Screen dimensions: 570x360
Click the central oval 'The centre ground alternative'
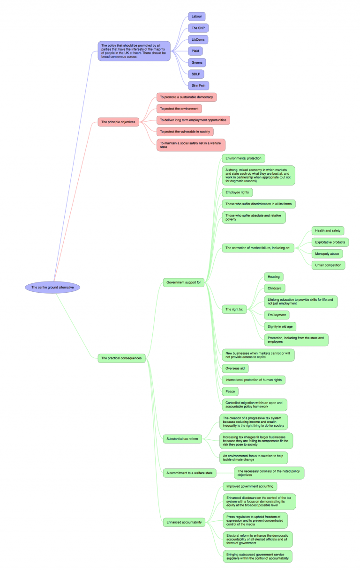[x=53, y=287]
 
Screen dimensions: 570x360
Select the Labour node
[x=196, y=16]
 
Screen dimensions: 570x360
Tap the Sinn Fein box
[x=198, y=85]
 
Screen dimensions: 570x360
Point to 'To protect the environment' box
[x=179, y=109]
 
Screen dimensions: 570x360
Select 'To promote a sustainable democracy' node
[x=187, y=97]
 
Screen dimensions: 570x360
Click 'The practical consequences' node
[x=121, y=358]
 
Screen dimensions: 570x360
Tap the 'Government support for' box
[x=184, y=282]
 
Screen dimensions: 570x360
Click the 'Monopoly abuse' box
[x=327, y=253]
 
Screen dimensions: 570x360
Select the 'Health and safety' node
[x=328, y=230]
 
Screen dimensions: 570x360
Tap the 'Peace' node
[x=230, y=391]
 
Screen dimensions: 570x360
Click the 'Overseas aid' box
[x=235, y=368]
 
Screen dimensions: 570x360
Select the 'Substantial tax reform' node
[x=182, y=439]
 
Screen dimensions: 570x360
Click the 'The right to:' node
[x=236, y=309]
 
